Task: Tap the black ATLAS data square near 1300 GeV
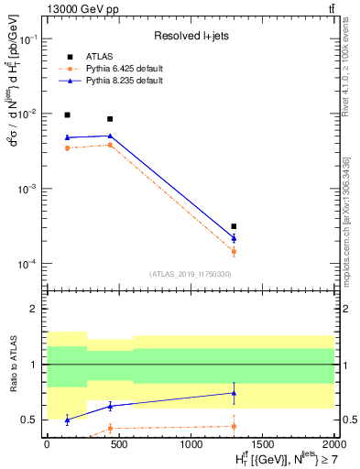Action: pos(234,226)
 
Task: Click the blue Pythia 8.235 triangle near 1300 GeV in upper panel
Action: pos(234,238)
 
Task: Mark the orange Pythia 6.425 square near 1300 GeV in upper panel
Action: pos(234,251)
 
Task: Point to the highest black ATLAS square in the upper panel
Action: pos(67,115)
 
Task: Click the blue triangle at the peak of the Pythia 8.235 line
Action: pos(110,136)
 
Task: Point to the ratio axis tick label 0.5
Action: pos(30,420)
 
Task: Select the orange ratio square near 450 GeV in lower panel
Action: pos(110,428)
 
